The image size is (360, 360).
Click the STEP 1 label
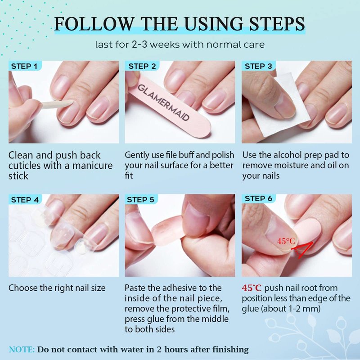[24, 66]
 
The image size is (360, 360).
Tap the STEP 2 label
[142, 66]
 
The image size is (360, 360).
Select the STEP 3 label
[258, 66]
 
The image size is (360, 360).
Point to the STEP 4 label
[25, 200]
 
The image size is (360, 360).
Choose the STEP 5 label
[140, 200]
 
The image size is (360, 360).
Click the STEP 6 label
[258, 198]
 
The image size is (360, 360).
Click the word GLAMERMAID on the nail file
[163, 102]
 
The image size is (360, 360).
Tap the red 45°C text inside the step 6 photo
[286, 241]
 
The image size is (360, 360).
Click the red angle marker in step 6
[302, 250]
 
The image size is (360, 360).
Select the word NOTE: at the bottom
[22, 350]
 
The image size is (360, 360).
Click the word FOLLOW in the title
[94, 24]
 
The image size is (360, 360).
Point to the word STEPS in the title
[277, 24]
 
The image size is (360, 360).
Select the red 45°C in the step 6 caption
[252, 288]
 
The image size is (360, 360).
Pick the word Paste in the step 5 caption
[135, 288]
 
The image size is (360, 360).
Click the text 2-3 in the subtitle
[139, 44]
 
